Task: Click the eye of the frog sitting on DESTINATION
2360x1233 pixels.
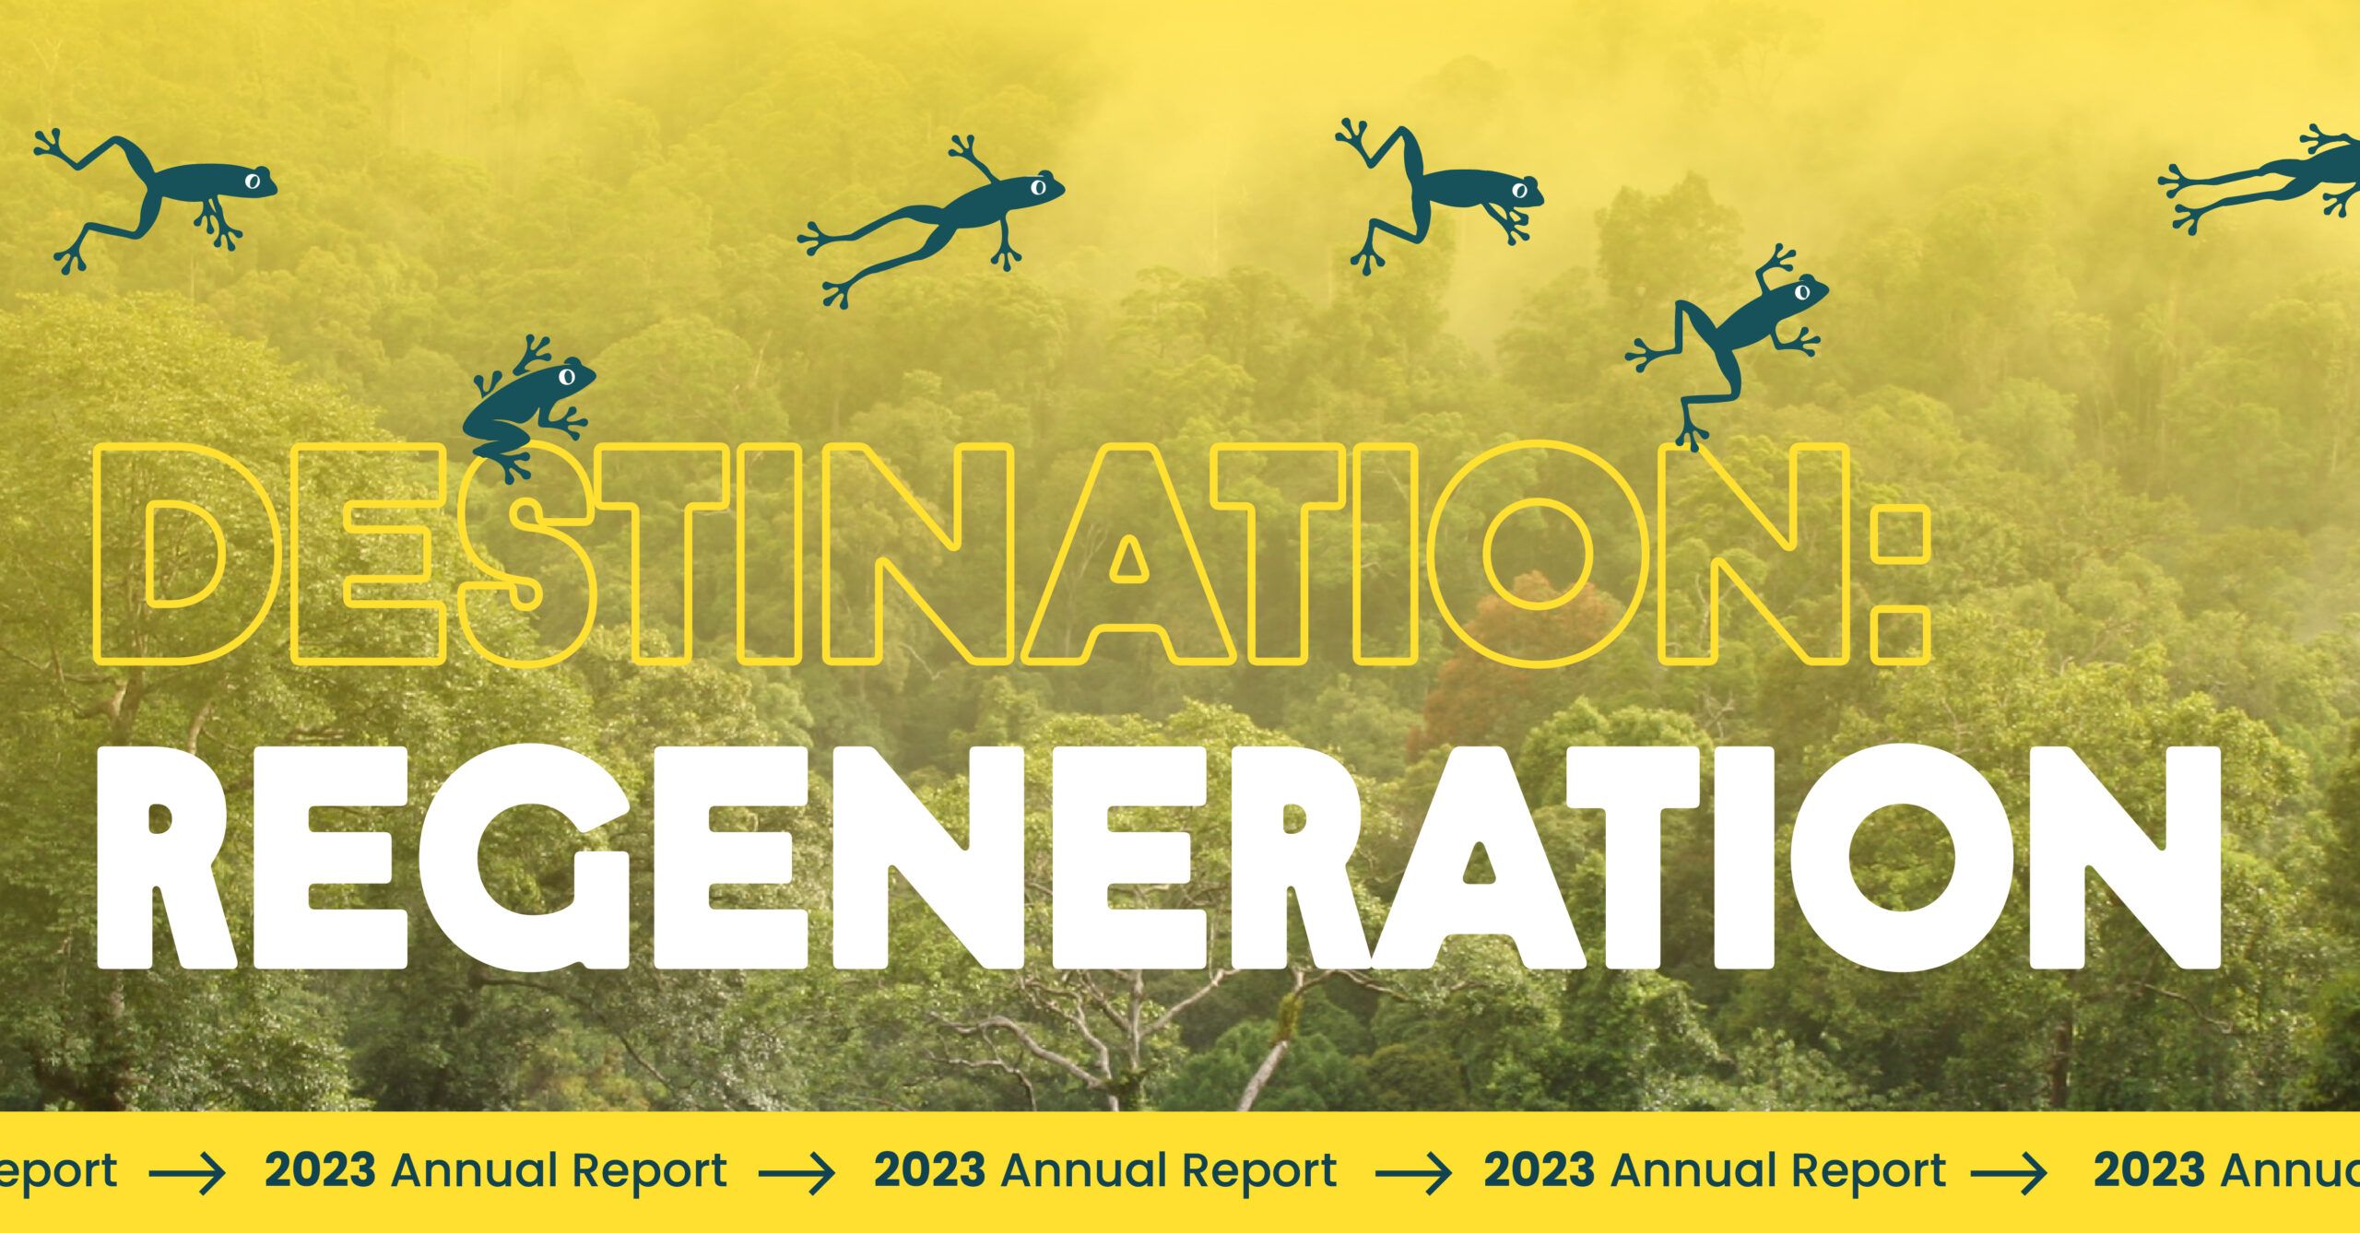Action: click(x=567, y=376)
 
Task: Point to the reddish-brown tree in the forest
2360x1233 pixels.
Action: click(x=1512, y=663)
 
